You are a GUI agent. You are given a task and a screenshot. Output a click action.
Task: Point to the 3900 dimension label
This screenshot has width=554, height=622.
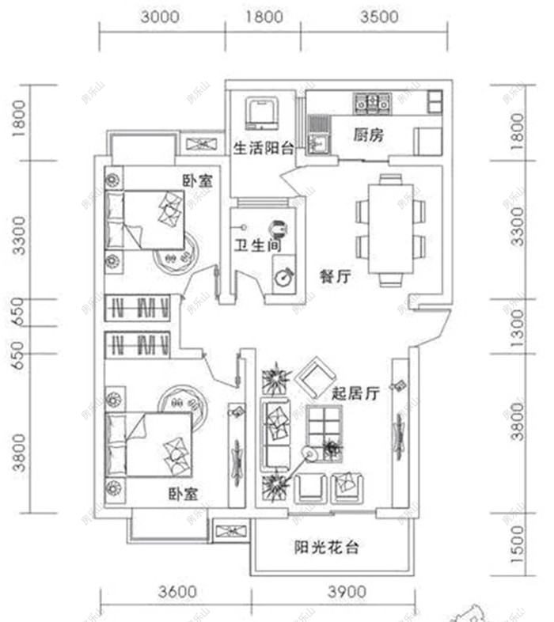(346, 591)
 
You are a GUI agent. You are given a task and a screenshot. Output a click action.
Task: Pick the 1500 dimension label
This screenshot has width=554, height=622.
(518, 546)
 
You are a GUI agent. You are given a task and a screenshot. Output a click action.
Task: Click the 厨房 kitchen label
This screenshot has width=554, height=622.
(367, 135)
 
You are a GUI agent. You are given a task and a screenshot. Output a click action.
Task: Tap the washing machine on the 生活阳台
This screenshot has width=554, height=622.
(262, 113)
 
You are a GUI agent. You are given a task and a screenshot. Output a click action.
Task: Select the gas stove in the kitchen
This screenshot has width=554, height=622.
(372, 101)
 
